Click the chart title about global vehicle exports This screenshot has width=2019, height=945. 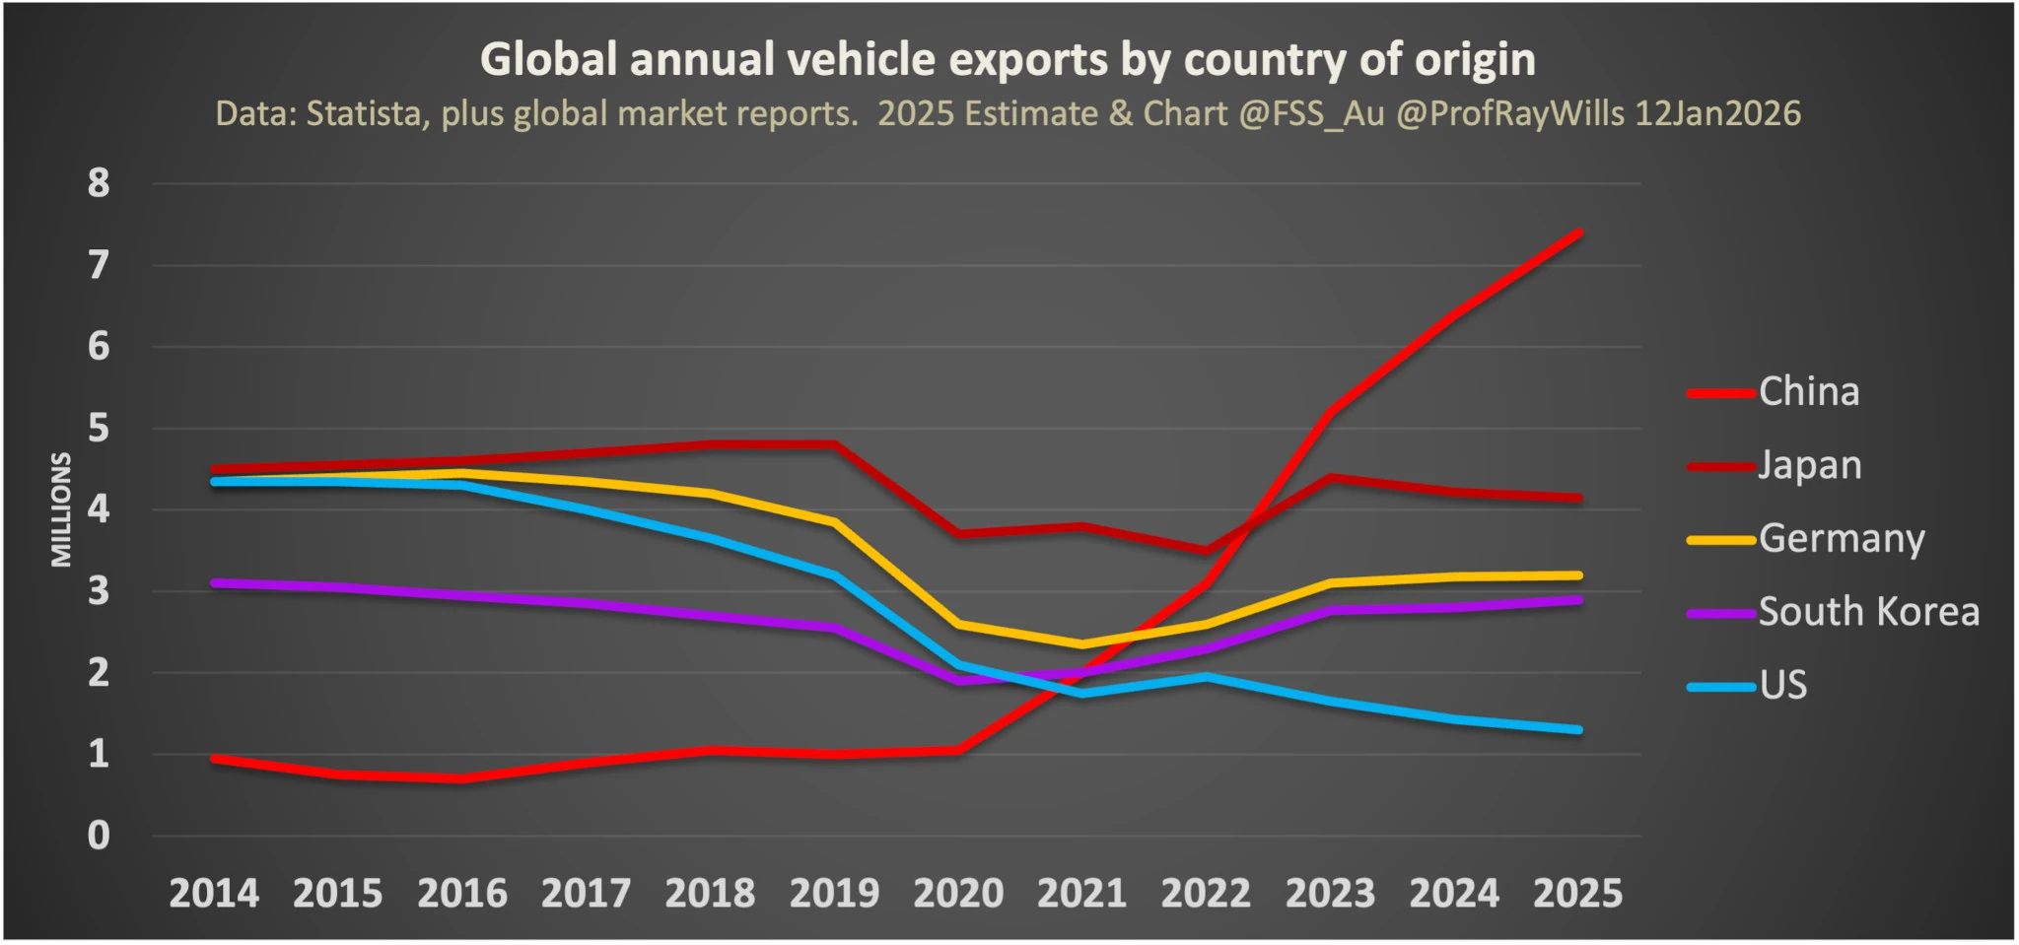1007,59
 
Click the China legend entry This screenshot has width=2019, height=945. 1808,392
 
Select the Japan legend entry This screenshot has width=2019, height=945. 1809,465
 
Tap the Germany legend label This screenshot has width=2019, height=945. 1841,539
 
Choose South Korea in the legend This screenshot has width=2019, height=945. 1868,612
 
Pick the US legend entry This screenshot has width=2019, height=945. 1783,685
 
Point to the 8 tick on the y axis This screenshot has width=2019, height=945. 99,183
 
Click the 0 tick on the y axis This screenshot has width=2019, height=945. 99,836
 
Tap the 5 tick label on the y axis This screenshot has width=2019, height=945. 99,429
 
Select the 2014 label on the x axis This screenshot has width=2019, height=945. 214,894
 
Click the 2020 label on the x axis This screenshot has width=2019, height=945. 958,894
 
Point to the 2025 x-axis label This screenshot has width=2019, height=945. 1577,894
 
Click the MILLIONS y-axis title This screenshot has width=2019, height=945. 61,509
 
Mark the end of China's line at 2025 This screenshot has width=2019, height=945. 1579,234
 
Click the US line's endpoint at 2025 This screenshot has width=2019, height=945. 1579,730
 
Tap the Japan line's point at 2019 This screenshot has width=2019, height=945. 835,444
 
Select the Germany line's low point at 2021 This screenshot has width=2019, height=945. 1082,644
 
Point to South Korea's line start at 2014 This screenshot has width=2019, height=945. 215,583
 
